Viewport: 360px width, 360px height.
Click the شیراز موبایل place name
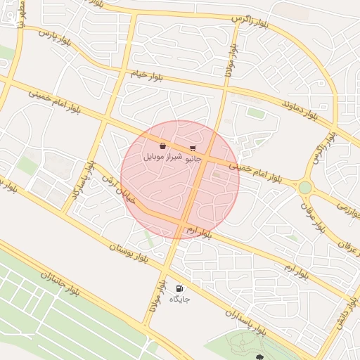point(163,157)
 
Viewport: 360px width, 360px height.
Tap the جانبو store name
point(193,158)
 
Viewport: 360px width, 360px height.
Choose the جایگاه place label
point(180,299)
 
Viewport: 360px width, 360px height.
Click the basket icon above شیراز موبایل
point(163,146)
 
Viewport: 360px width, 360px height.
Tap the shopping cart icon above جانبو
point(193,148)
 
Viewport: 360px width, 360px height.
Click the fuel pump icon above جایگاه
point(180,288)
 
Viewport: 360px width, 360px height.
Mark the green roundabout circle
point(304,187)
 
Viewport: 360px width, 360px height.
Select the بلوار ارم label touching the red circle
point(199,231)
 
